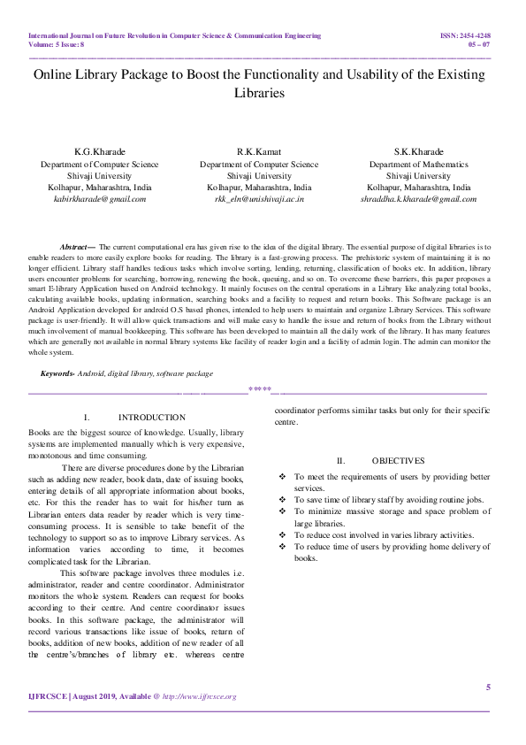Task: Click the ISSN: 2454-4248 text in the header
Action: pos(465,35)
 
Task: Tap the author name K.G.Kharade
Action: pos(100,152)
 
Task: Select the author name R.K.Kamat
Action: pos(258,152)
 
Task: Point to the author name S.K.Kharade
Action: pos(418,152)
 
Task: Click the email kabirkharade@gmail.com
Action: pos(100,200)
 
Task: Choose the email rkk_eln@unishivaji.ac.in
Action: pos(259,200)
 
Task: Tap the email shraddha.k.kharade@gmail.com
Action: pos(418,200)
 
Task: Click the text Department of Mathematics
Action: pos(418,165)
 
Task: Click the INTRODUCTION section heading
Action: pos(151,417)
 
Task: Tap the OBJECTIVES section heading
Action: pos(385,460)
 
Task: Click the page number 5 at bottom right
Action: pos(487,687)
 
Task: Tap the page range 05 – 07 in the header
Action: pos(478,43)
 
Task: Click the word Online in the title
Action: pos(55,75)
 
